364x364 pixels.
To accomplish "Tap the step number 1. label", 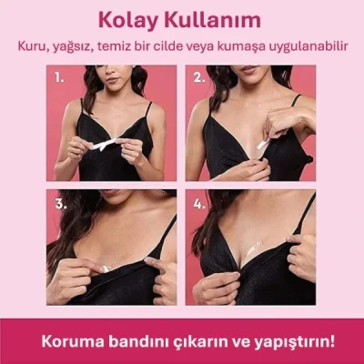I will click(59, 77).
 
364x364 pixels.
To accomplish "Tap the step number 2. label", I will click(198, 77).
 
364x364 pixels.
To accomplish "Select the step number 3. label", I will click(60, 204).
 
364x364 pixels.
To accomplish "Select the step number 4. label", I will click(199, 204).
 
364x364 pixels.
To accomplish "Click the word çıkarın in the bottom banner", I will click(191, 342).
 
